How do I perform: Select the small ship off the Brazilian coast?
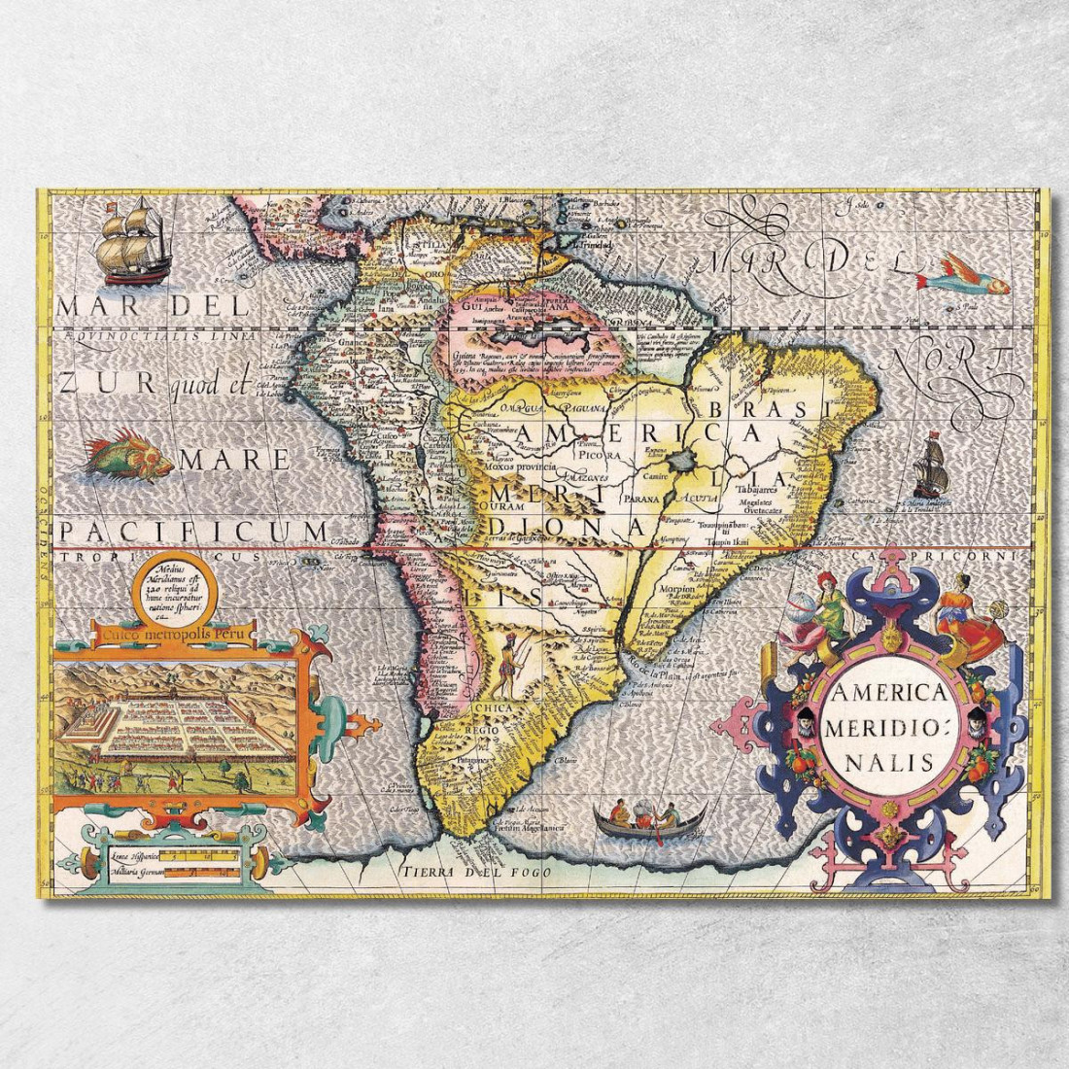[930, 467]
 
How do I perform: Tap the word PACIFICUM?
[192, 531]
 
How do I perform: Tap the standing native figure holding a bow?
[510, 663]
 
